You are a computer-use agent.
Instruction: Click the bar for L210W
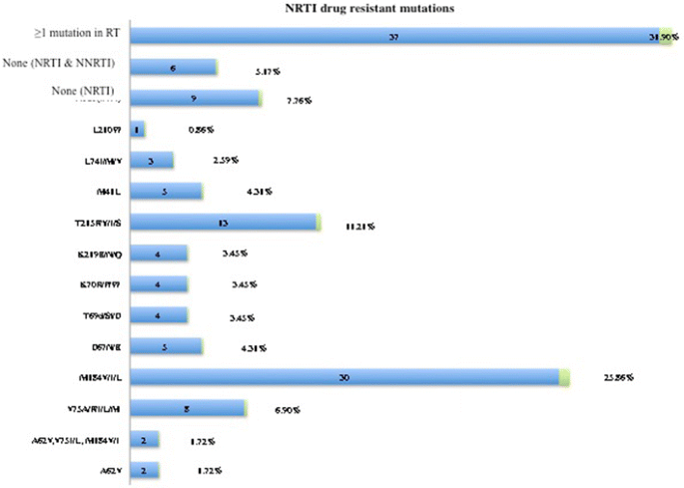138,130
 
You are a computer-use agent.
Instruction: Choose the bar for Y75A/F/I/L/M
188,408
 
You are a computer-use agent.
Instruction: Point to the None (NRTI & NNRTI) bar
174,68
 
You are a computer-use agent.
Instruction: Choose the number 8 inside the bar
187,408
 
